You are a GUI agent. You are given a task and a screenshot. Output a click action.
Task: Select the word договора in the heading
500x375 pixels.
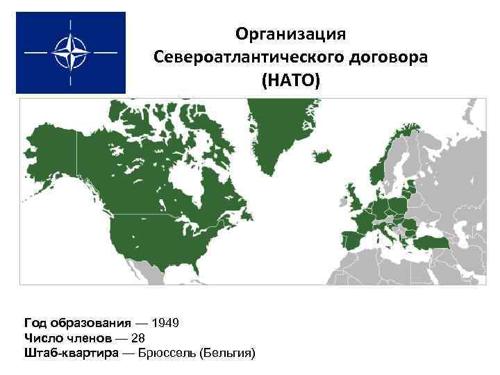[x=390, y=58]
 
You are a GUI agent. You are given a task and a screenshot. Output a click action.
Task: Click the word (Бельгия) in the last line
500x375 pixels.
[x=227, y=353]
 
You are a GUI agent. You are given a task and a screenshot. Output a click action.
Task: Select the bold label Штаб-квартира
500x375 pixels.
[x=72, y=353]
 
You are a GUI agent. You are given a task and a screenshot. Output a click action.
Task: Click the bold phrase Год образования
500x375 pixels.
[x=77, y=323]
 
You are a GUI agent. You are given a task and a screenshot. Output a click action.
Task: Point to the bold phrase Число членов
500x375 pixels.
[x=67, y=338]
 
